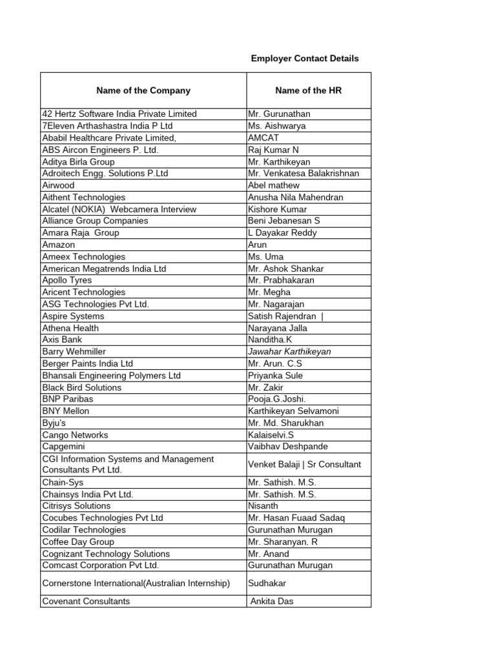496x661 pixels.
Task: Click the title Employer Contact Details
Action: click(x=304, y=59)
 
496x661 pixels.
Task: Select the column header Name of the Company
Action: click(x=143, y=90)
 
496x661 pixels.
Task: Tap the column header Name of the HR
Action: click(x=308, y=90)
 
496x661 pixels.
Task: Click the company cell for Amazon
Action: click(x=59, y=245)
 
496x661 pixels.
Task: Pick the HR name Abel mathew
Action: click(x=274, y=185)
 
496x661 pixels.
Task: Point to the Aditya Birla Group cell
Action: click(x=78, y=161)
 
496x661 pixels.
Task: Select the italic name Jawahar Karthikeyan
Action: click(x=289, y=352)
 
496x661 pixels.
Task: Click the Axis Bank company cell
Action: click(x=62, y=340)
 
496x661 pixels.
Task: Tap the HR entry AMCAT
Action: click(x=265, y=137)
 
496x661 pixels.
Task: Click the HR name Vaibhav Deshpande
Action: click(x=288, y=447)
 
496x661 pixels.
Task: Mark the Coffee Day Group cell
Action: click(x=78, y=542)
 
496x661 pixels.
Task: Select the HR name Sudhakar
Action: click(x=268, y=583)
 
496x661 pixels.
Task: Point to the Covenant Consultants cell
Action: click(x=86, y=601)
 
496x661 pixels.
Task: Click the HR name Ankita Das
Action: click(x=272, y=601)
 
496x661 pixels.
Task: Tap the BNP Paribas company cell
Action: click(x=67, y=399)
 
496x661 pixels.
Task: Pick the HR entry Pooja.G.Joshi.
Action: click(x=277, y=399)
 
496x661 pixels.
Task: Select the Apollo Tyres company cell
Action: click(x=67, y=280)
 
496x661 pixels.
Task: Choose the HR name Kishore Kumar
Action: click(x=278, y=209)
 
